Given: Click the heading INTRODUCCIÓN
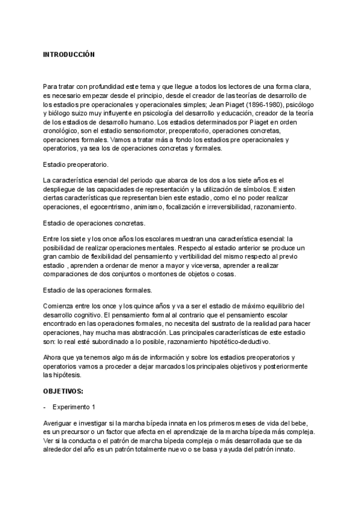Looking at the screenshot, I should (x=69, y=54).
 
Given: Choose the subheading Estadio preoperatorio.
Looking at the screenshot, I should (x=75, y=163).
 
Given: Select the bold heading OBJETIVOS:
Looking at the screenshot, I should (x=63, y=391).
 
